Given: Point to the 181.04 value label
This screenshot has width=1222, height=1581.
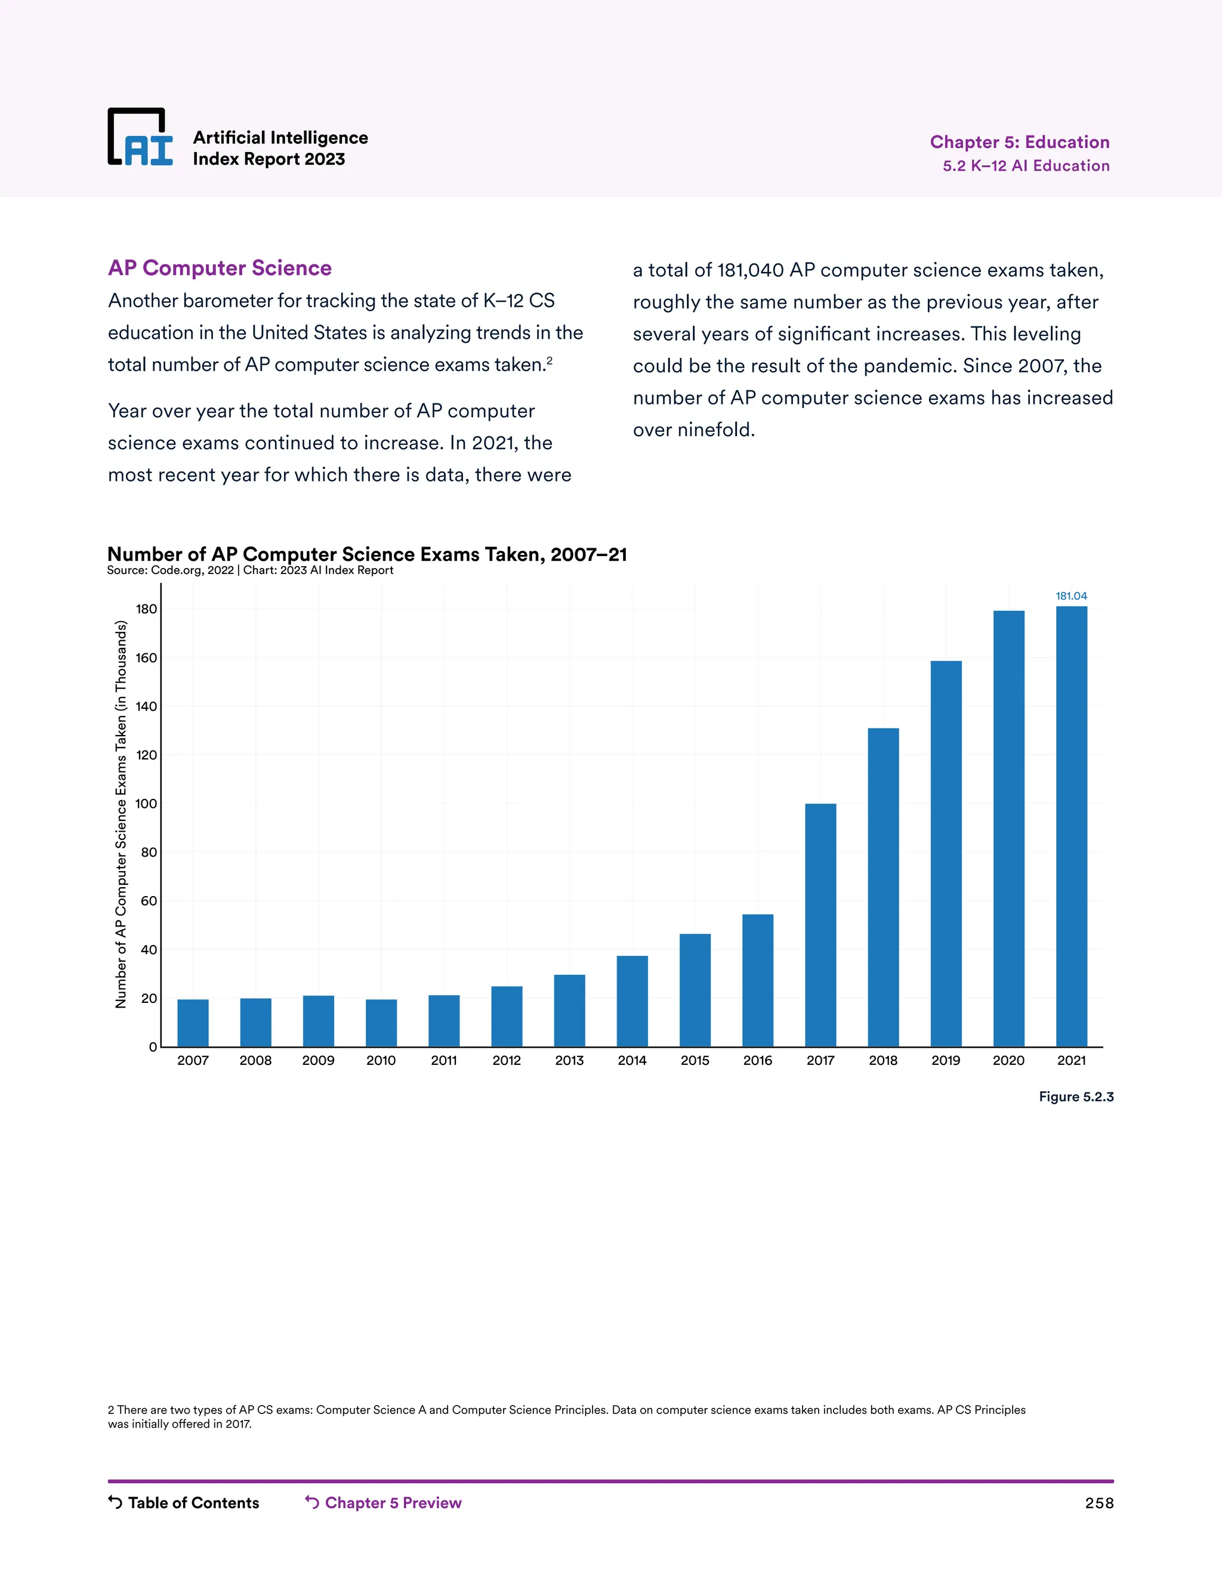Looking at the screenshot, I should tap(1070, 596).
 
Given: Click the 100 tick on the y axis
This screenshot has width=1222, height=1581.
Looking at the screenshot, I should tap(146, 804).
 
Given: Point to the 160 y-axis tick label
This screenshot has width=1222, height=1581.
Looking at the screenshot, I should tap(146, 658).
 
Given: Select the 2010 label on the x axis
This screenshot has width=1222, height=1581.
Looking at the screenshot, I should tap(381, 1061).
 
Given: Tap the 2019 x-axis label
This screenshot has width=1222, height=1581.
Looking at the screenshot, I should tap(946, 1061).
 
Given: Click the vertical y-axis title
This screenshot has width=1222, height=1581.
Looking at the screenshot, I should tap(121, 814).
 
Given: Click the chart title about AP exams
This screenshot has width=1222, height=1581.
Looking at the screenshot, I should tap(367, 554).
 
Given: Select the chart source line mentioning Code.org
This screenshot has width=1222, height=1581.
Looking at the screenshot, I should tap(250, 570).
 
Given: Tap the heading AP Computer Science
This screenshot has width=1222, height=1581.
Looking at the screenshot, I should tap(220, 268).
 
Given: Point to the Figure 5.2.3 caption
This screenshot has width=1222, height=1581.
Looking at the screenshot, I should tap(1076, 1097).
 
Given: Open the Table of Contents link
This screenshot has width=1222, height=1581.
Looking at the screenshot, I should tap(184, 1503).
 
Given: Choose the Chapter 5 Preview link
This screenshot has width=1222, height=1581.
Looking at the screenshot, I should tap(384, 1503).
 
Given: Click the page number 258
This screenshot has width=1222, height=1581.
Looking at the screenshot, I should tap(1099, 1503).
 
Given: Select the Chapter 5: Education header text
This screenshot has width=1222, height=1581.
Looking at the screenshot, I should tap(1019, 142).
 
